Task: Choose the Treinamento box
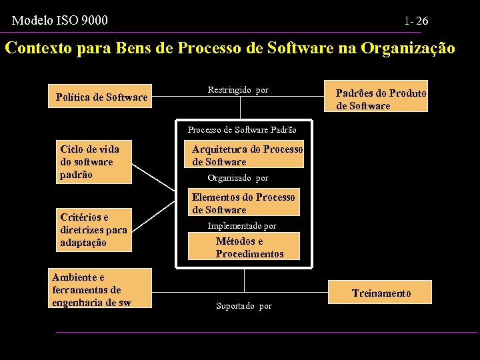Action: point(381,293)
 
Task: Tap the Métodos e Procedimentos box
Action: point(244,247)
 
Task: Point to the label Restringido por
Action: point(238,90)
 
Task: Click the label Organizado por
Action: point(238,178)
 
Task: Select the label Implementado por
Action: point(242,226)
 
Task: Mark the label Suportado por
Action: point(244,306)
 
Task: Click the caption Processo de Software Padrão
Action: point(242,130)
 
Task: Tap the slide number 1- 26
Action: point(416,21)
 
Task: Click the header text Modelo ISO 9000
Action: point(60,21)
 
